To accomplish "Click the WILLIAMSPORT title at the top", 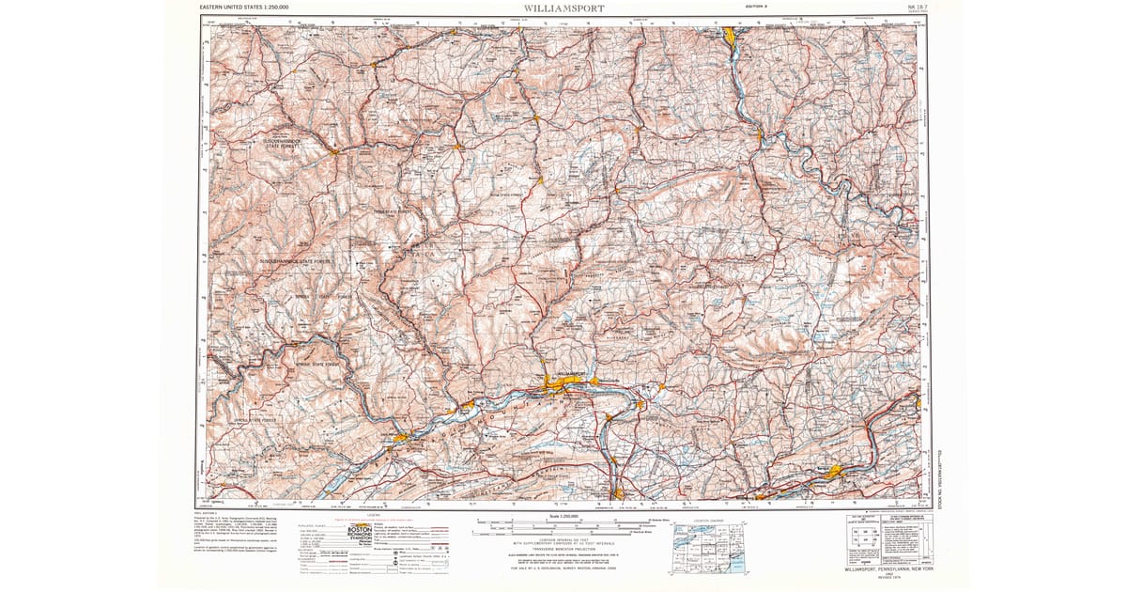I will click(x=563, y=8).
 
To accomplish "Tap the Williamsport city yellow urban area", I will click(x=562, y=380).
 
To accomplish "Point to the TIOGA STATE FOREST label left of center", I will click(x=393, y=212).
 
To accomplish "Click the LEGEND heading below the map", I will click(x=374, y=516).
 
